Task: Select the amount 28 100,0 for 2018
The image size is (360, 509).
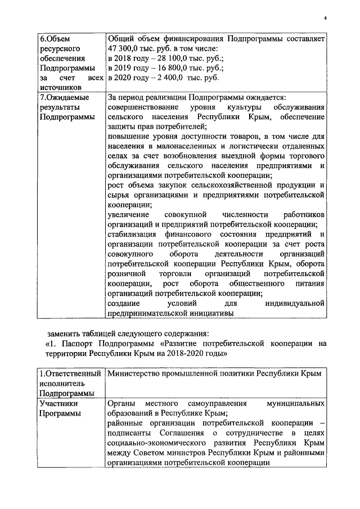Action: pos(166,58)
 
